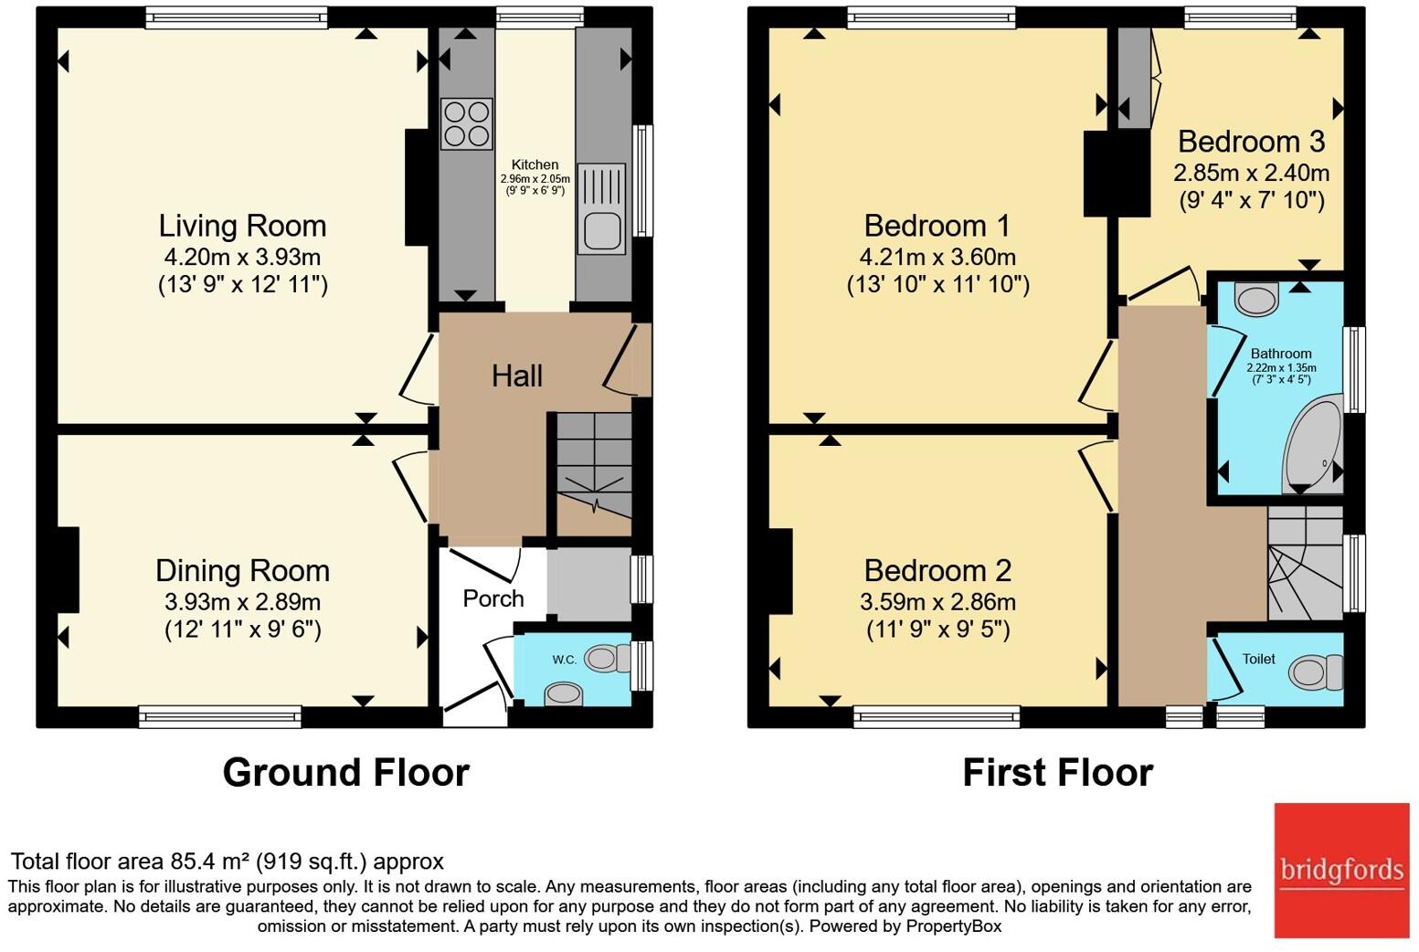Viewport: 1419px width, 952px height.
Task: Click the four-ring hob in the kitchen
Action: point(467,123)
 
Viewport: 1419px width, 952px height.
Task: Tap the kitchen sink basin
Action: point(602,230)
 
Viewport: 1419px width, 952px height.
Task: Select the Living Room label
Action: point(243,227)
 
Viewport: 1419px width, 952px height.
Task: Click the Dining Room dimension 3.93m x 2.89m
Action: point(243,601)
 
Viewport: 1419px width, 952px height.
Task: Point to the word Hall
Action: point(517,376)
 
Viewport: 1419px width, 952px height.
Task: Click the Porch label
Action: point(493,598)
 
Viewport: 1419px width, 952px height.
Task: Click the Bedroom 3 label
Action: point(1251,142)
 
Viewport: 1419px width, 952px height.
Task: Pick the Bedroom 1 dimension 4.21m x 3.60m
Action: point(937,257)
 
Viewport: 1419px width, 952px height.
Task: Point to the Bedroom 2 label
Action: point(937,571)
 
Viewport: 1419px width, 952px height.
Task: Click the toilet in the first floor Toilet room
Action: point(1315,672)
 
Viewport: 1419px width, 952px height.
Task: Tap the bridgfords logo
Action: point(1342,871)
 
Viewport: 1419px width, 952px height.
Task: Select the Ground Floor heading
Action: point(346,773)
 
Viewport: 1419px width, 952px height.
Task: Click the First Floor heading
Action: point(1058,773)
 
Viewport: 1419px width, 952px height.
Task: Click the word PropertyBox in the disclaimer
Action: point(954,926)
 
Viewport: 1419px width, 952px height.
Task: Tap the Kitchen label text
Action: point(535,164)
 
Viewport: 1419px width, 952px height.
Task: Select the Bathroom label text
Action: point(1281,354)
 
